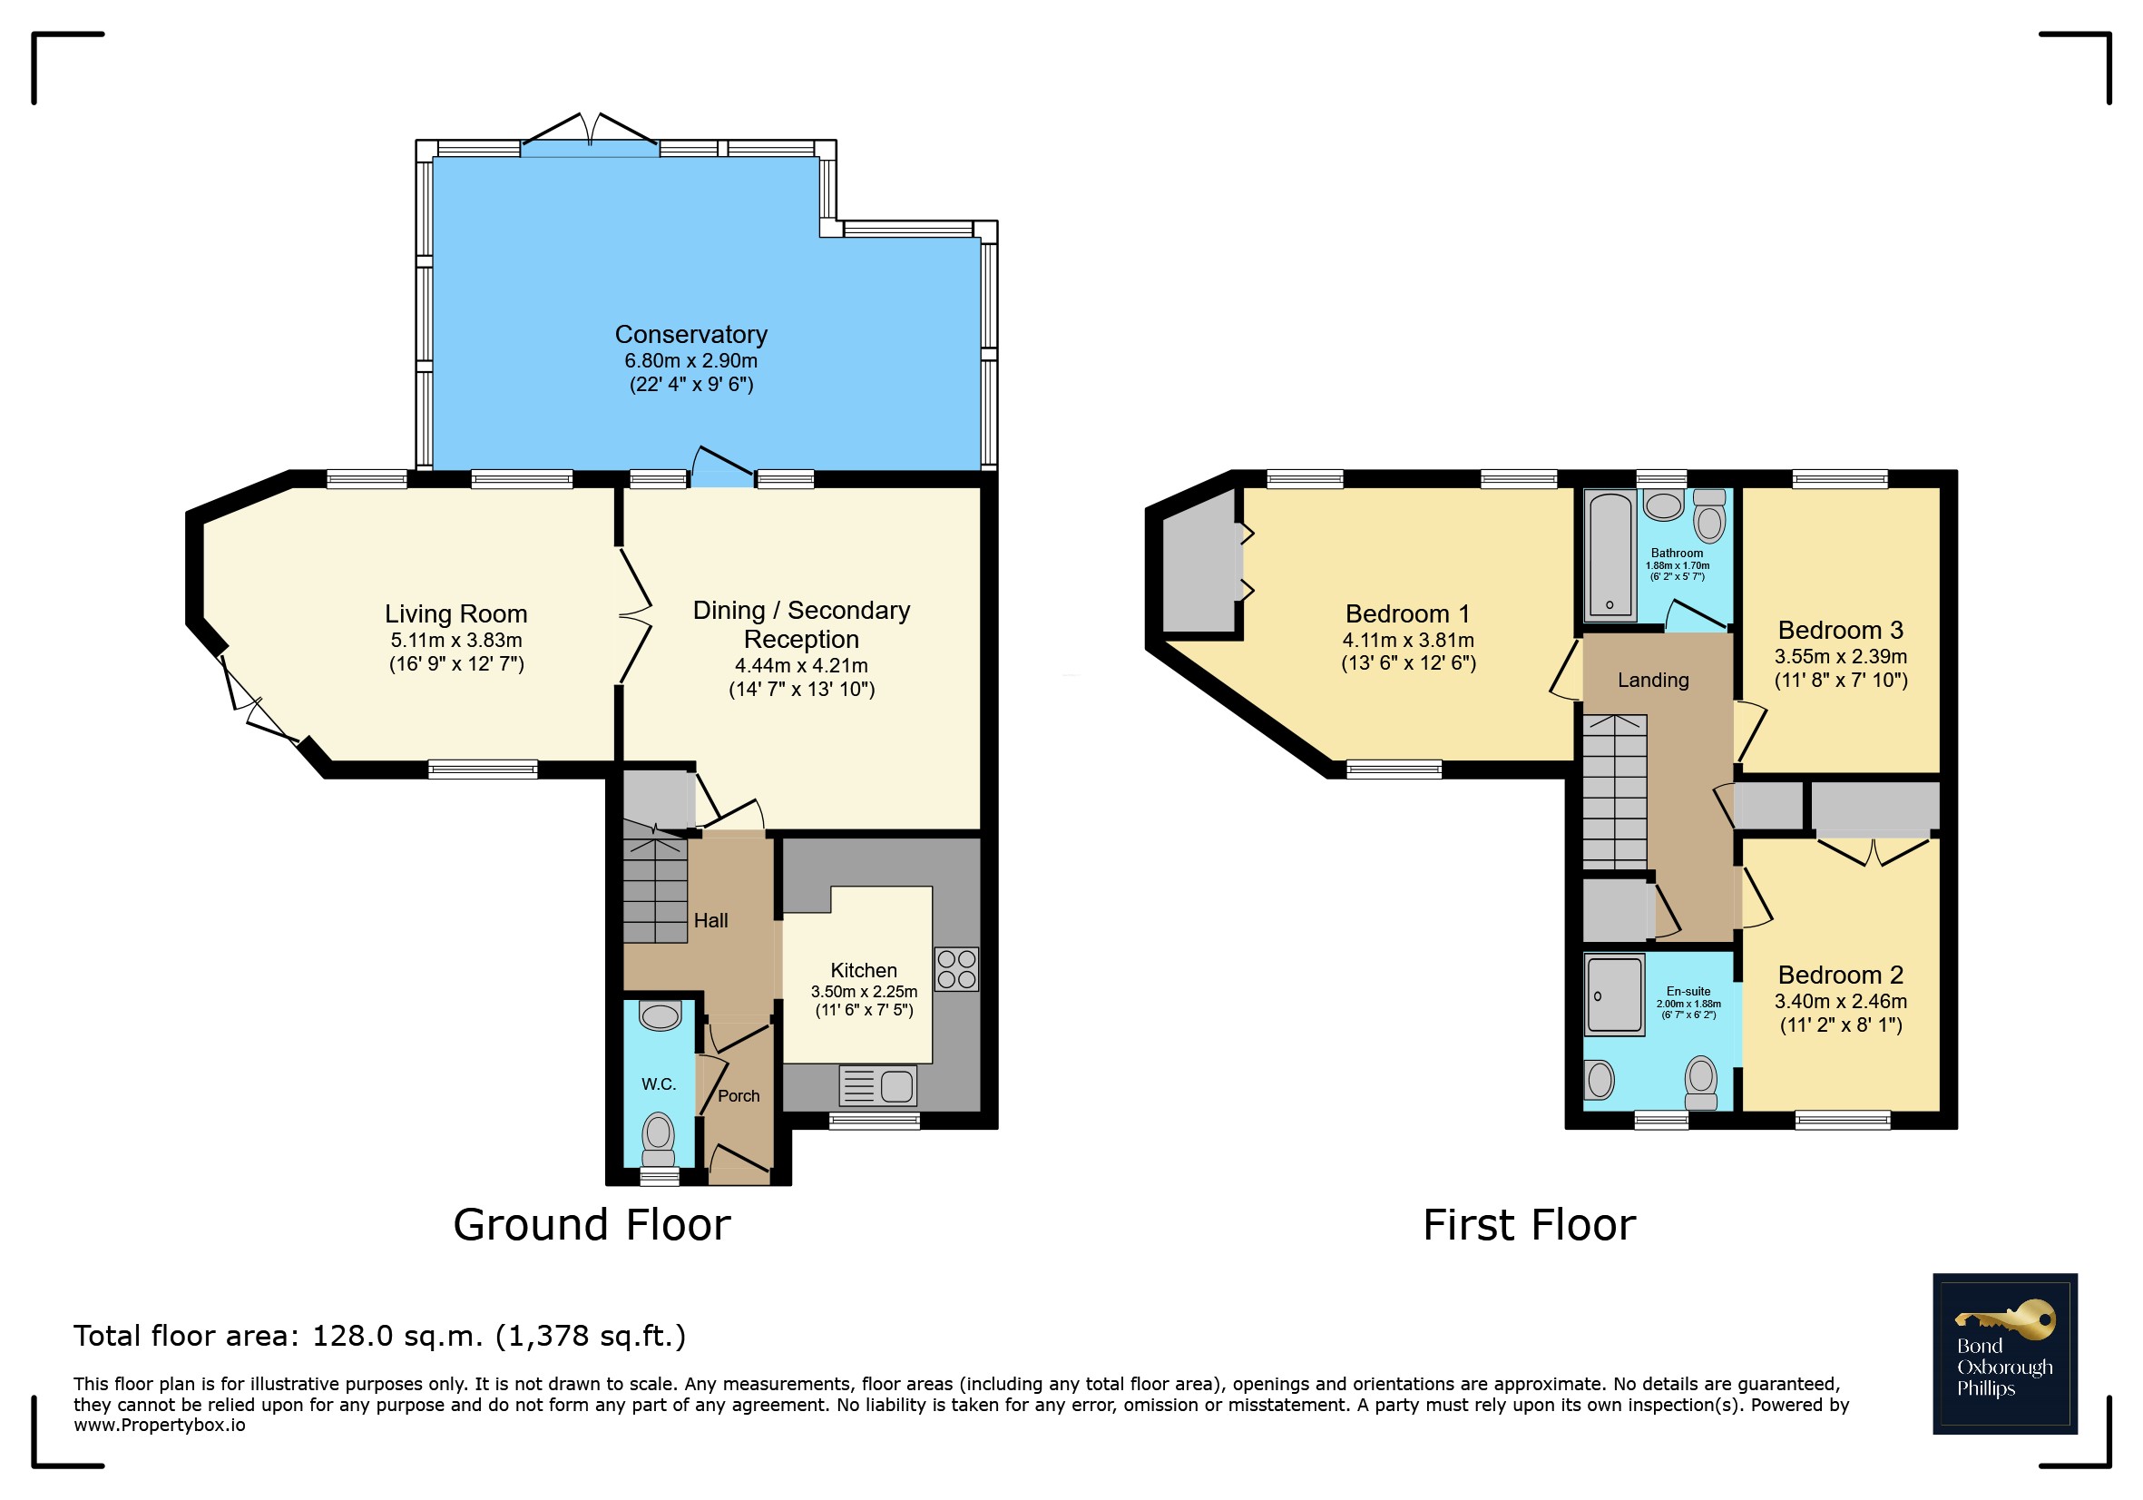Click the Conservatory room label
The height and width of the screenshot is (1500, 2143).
coord(690,334)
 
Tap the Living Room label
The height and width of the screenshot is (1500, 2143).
coord(456,613)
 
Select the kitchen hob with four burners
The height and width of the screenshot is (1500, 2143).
coord(956,968)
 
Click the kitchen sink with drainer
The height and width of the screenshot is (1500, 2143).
coord(878,1085)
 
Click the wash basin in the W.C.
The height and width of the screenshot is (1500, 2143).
coord(660,1015)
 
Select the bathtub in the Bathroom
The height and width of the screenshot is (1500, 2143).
coord(1610,554)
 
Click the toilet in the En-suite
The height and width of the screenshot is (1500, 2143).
coord(1701,1083)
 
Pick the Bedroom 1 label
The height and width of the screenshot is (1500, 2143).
coord(1407,613)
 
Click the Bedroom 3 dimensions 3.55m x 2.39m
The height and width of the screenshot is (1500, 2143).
coord(1841,656)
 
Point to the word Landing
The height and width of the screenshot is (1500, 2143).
coord(1653,680)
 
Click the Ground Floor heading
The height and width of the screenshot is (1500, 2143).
coord(592,1224)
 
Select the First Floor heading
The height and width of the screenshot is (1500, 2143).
coord(1529,1224)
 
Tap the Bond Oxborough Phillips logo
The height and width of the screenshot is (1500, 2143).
coord(2005,1354)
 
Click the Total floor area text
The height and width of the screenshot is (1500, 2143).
coord(380,1336)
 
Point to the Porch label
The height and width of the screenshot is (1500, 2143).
coord(739,1096)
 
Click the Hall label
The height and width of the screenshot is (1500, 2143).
coord(710,920)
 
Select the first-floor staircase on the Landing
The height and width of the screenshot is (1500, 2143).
coord(1614,791)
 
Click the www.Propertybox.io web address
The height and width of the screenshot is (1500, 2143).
coord(160,1426)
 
